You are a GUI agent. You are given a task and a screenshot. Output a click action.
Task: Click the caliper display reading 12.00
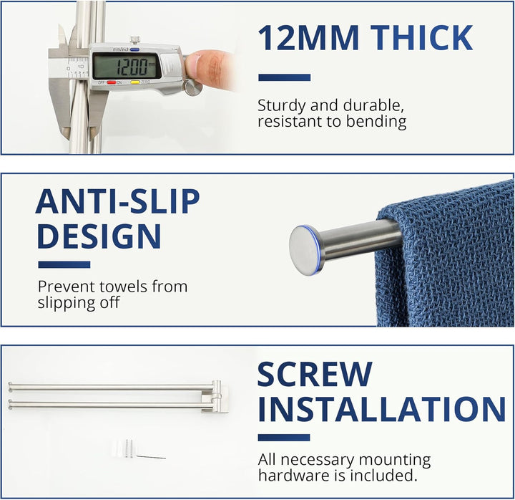(127, 67)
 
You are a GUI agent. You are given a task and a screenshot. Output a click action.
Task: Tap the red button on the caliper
(111, 82)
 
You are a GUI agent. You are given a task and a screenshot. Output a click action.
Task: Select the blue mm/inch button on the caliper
(134, 49)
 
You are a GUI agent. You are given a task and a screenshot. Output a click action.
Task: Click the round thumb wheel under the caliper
(193, 88)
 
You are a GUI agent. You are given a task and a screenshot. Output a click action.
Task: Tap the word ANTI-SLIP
(117, 201)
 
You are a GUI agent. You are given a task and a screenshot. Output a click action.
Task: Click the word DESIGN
(99, 236)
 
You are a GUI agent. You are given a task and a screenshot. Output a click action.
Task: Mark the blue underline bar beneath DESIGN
(64, 264)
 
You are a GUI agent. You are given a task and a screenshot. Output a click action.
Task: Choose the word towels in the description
(124, 287)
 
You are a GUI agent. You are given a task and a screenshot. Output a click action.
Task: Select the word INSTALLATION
(381, 409)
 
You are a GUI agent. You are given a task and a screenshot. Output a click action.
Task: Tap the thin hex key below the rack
(151, 457)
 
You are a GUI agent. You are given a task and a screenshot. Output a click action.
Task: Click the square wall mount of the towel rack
(212, 396)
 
